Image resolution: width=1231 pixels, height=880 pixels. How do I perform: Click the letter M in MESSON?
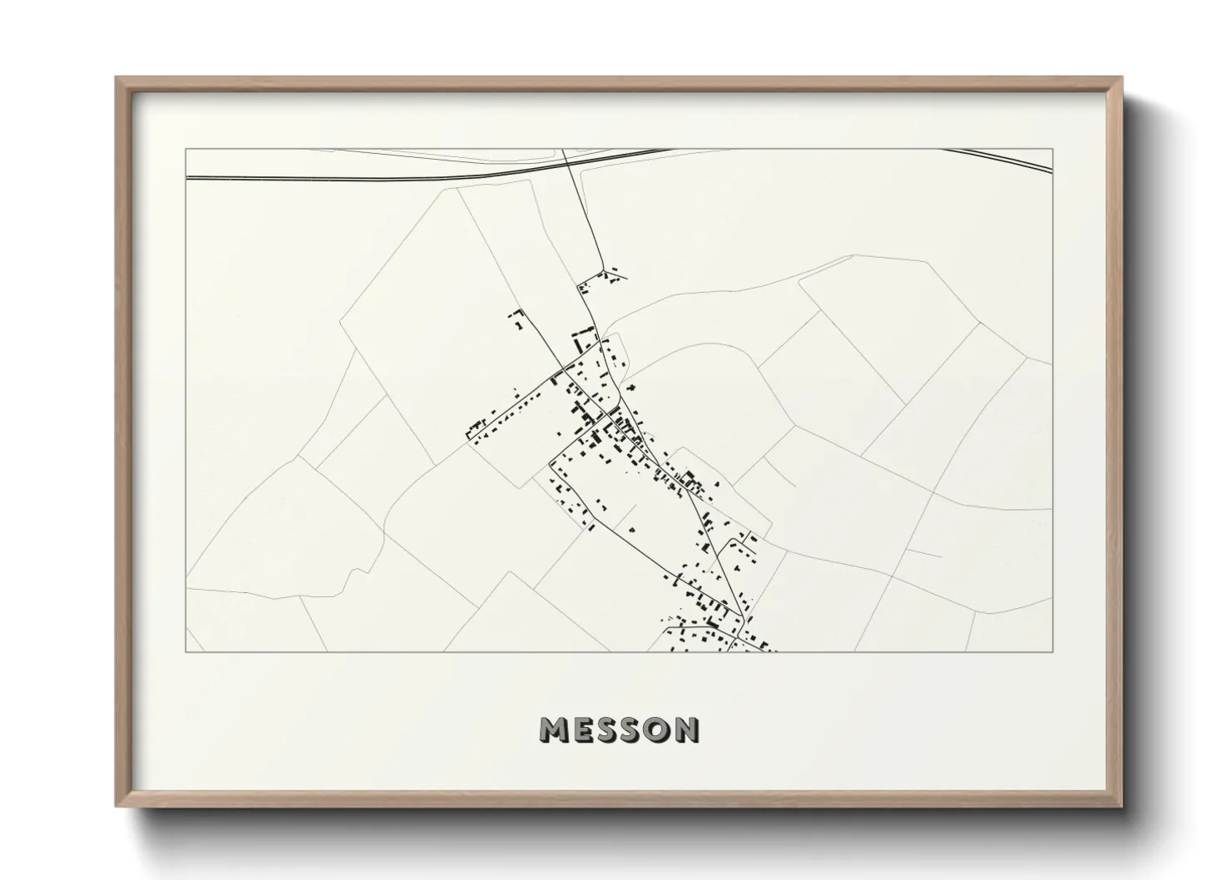coord(556,730)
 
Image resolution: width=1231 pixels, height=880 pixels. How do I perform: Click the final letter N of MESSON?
coord(688,730)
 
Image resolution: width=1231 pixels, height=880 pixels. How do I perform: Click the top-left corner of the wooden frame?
coord(116,78)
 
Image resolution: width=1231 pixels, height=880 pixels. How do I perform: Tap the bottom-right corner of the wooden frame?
coord(1122,806)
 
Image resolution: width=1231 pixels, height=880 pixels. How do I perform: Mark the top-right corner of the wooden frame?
coord(1122,78)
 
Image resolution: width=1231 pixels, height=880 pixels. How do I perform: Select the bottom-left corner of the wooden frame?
coord(116,806)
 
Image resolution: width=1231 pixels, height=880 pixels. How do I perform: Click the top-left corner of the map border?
coord(185,149)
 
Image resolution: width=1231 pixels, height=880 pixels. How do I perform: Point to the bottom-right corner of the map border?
coord(1052,651)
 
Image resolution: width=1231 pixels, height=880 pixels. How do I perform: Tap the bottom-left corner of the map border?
coord(185,651)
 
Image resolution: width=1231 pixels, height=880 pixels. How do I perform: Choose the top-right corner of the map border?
coord(1052,149)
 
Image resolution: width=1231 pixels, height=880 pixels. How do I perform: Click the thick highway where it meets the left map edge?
coord(187,177)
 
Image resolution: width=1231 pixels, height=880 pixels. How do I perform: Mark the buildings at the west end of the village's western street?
coord(477,430)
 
